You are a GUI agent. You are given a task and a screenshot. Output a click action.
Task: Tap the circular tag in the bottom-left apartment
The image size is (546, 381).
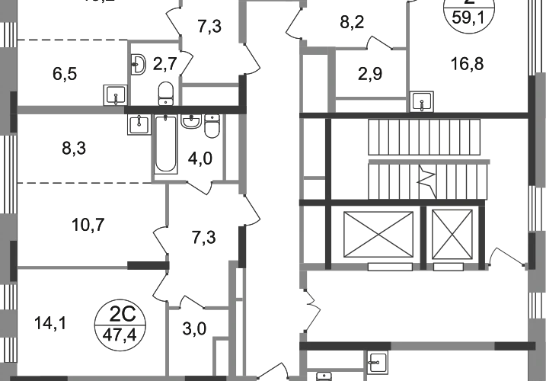tap(117, 324)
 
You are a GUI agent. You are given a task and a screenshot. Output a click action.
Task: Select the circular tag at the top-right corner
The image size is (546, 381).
tap(468, 18)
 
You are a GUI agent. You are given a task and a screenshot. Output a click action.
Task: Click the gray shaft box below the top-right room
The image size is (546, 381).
tap(426, 98)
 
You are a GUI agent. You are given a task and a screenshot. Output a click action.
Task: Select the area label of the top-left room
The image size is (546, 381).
tap(65, 75)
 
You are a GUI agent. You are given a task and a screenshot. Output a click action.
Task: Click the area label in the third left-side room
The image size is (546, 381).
tap(88, 224)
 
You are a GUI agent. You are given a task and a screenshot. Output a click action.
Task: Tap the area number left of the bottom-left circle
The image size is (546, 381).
tap(51, 322)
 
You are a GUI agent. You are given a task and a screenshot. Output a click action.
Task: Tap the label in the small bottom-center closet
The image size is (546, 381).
tap(196, 329)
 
